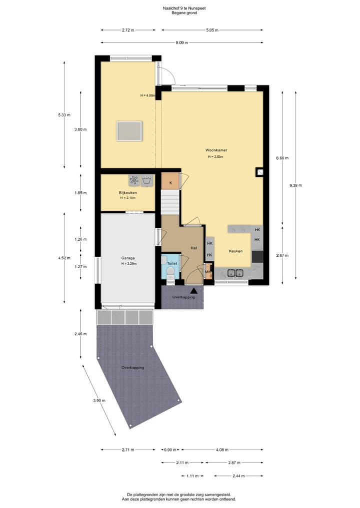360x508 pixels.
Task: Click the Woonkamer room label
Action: coord(215,150)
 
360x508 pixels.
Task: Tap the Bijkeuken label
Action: coord(127,192)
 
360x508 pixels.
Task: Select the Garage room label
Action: coord(128,258)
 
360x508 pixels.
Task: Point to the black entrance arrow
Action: coord(193,290)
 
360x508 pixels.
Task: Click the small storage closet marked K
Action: coord(170,183)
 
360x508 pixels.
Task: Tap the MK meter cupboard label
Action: coord(208,272)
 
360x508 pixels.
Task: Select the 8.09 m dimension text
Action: coord(182,43)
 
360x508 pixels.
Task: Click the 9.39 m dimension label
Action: coord(295,185)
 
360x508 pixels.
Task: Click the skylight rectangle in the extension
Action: coord(129,131)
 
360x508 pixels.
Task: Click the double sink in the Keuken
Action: coord(235,272)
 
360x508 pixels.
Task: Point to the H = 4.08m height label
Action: coord(148,95)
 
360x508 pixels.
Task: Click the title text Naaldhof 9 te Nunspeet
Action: coord(180,8)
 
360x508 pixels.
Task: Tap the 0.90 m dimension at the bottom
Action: coord(170,450)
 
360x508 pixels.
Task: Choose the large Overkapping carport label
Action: coord(132,368)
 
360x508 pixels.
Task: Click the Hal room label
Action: coord(194,248)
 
